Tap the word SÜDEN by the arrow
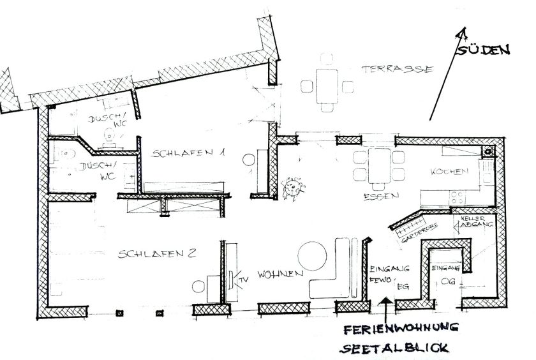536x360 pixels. point(484,50)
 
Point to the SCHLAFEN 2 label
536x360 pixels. point(156,253)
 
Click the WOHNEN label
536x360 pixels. point(279,275)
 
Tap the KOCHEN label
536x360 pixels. point(450,172)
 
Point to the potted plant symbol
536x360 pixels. point(294,186)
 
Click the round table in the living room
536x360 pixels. point(313,255)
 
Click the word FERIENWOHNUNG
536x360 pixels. point(398,329)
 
